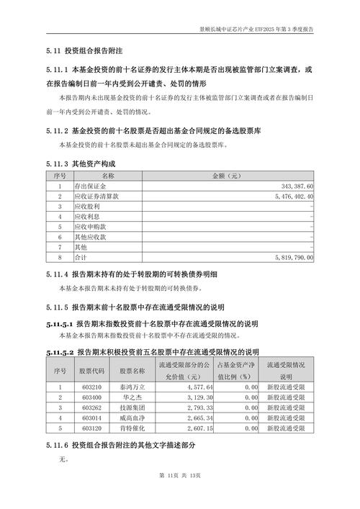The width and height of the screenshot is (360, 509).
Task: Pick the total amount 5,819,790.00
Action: pos(288,256)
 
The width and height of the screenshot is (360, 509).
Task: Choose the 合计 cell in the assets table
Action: pos(81,256)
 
